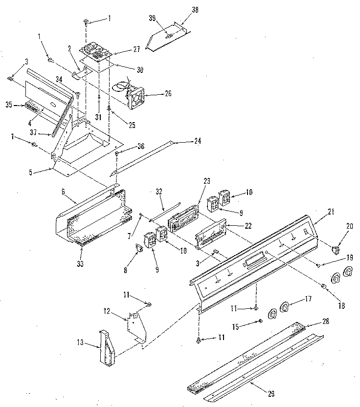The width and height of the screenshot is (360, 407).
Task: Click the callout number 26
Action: pyautogui.click(x=168, y=93)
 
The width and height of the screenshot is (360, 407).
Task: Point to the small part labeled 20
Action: pyautogui.click(x=335, y=251)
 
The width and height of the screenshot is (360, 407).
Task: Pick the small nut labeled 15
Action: pyautogui.click(x=260, y=321)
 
